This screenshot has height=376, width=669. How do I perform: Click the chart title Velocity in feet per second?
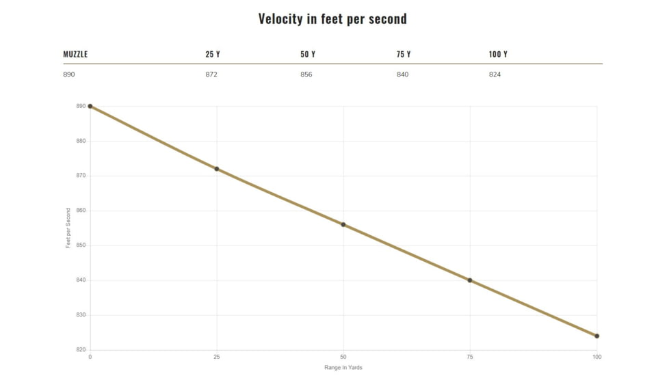tap(332, 18)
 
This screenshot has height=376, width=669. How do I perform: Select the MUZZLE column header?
tap(75, 54)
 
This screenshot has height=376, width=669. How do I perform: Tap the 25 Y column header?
tap(212, 54)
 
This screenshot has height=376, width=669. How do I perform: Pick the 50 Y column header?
tap(308, 54)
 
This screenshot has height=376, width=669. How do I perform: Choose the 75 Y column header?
tap(404, 54)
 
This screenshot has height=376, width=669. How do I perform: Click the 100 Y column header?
tap(498, 54)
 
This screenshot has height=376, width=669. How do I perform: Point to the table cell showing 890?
tap(69, 74)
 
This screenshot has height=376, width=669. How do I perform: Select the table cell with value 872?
tap(211, 74)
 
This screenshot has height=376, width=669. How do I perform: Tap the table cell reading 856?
tap(306, 74)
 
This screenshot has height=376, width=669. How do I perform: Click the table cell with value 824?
tap(495, 74)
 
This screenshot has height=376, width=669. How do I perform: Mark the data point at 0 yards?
tap(90, 106)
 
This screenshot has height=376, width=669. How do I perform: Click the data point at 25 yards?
tap(217, 169)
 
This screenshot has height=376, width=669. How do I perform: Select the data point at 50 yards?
tap(343, 224)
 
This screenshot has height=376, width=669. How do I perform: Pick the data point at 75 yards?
tap(470, 280)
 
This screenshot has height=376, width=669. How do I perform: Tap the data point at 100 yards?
tap(596, 336)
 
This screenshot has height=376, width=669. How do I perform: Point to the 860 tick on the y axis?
tap(81, 211)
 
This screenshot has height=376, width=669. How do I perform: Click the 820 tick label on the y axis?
tap(81, 350)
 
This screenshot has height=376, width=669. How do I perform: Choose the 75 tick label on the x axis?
tap(470, 357)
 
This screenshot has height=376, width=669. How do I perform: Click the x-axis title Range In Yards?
tap(343, 368)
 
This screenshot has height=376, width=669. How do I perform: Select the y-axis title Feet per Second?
tap(68, 228)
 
